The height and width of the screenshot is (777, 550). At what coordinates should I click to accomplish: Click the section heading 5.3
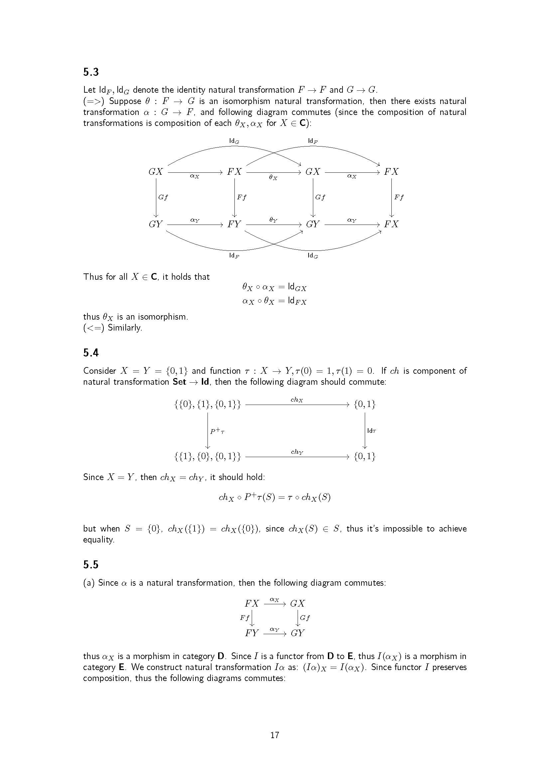[x=91, y=72]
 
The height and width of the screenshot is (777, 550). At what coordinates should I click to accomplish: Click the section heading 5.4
[x=91, y=353]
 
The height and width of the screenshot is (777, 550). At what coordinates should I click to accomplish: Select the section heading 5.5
[x=91, y=564]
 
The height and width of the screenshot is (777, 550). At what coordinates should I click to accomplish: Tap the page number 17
[x=275, y=735]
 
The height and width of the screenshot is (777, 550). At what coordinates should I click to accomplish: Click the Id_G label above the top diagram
[x=234, y=141]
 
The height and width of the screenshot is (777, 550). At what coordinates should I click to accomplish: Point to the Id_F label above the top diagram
[x=313, y=141]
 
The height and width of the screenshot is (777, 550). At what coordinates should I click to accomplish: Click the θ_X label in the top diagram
[x=273, y=177]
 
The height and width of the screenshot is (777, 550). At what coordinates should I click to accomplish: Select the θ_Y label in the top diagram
[x=273, y=220]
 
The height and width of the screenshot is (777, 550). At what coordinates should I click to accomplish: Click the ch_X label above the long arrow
[x=297, y=400]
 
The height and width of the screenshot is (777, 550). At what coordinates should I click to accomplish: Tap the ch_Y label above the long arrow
[x=297, y=452]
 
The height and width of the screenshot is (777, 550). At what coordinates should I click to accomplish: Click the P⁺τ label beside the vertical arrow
[x=217, y=431]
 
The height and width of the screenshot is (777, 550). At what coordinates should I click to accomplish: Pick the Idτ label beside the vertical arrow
[x=371, y=431]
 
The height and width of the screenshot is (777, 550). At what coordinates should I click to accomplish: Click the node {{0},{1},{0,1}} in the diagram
[x=207, y=404]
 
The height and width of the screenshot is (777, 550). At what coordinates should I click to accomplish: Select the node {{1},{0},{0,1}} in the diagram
[x=207, y=457]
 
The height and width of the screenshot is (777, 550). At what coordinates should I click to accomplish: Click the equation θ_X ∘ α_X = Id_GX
[x=274, y=287]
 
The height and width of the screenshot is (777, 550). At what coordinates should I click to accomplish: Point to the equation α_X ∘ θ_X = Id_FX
[x=274, y=301]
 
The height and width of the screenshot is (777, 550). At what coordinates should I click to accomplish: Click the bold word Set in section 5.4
[x=180, y=382]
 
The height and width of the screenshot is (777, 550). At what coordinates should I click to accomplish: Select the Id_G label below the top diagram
[x=313, y=255]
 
